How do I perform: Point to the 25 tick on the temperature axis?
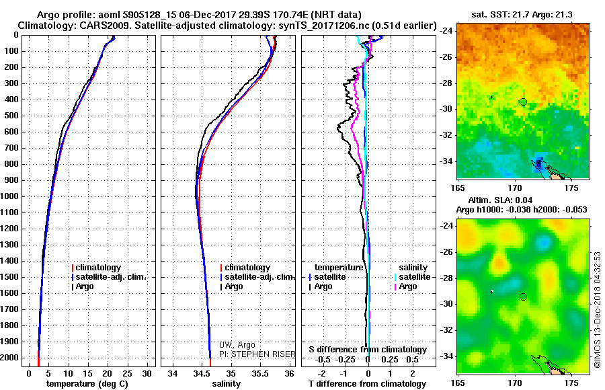click(x=127, y=374)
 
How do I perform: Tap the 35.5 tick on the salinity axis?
click(x=260, y=374)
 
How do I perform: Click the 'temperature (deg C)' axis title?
click(x=87, y=384)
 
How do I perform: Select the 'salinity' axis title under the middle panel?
click(x=227, y=384)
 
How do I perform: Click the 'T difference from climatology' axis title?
click(x=367, y=384)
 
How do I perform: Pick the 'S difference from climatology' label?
click(x=368, y=350)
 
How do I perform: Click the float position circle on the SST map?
click(x=523, y=102)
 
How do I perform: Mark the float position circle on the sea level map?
click(x=523, y=297)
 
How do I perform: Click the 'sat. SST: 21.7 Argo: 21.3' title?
click(x=522, y=15)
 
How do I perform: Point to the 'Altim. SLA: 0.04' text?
click(x=500, y=200)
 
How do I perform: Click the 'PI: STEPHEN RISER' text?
click(x=257, y=354)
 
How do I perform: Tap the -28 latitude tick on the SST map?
click(x=447, y=83)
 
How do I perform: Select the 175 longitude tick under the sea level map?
click(x=571, y=383)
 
